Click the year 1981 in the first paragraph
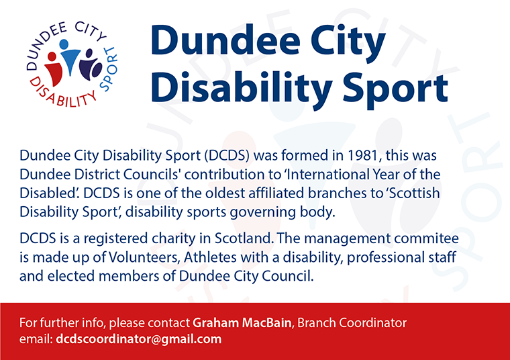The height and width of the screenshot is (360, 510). [x=364, y=156]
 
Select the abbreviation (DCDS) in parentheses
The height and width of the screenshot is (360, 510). [x=227, y=156]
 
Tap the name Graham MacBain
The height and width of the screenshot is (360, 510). [x=242, y=322]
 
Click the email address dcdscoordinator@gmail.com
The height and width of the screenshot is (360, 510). [x=138, y=339]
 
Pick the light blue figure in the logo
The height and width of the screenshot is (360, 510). [x=69, y=57]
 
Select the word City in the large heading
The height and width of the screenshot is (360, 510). [x=348, y=41]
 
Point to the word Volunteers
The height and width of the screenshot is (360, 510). [x=144, y=257]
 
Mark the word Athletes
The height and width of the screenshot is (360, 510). [x=210, y=257]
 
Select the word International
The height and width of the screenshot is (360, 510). [x=327, y=175]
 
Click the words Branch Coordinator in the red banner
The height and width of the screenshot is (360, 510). [x=352, y=322]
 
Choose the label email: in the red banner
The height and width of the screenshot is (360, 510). [x=36, y=339]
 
